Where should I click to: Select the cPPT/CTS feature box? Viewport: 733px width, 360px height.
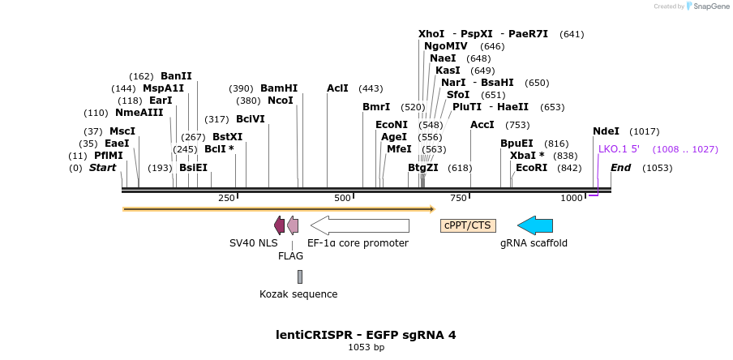[x=468, y=225]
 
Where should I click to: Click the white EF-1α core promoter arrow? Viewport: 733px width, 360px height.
[x=360, y=225]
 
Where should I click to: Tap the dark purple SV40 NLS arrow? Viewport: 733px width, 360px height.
[x=280, y=225]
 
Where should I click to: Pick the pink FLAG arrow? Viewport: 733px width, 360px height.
[x=293, y=225]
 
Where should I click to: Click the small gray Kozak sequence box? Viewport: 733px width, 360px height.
[x=300, y=276]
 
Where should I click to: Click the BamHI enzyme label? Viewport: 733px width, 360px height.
[x=279, y=88]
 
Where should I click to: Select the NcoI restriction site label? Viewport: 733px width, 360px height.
[x=281, y=101]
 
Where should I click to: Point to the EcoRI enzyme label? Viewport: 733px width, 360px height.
[x=531, y=168]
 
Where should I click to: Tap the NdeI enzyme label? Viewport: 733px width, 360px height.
[x=606, y=131]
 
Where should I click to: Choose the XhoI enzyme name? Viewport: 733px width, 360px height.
[x=431, y=34]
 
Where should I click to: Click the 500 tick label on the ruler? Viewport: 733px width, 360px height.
[x=342, y=198]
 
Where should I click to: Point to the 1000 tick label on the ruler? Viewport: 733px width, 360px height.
[x=572, y=198]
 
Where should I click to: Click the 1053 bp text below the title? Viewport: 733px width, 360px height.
[x=366, y=348]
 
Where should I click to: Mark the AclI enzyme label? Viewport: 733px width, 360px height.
[x=337, y=88]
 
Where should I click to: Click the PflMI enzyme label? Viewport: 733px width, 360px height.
[x=109, y=156]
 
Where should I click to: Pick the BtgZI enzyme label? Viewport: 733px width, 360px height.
[x=422, y=168]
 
